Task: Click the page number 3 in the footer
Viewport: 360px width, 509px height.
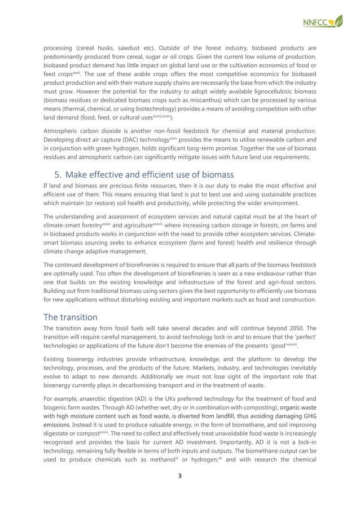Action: [179, 491]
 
